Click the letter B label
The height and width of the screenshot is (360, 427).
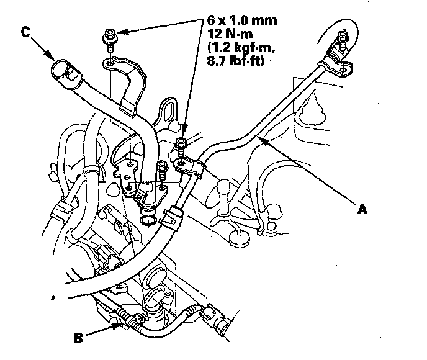click(x=78, y=339)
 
